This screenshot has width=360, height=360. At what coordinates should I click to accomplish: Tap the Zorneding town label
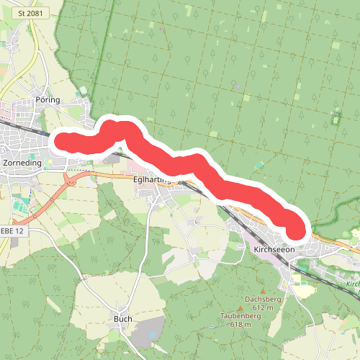(22, 163)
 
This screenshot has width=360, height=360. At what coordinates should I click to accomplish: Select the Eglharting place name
(150, 181)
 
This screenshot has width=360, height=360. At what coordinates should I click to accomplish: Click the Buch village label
(123, 318)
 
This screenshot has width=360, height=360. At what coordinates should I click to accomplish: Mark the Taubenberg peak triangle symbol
(241, 308)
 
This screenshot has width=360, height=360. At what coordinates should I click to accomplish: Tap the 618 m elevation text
(241, 325)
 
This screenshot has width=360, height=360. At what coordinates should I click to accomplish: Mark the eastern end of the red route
(297, 230)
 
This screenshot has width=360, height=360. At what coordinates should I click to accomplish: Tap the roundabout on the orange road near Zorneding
(71, 181)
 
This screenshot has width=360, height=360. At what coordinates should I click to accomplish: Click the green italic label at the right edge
(352, 284)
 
